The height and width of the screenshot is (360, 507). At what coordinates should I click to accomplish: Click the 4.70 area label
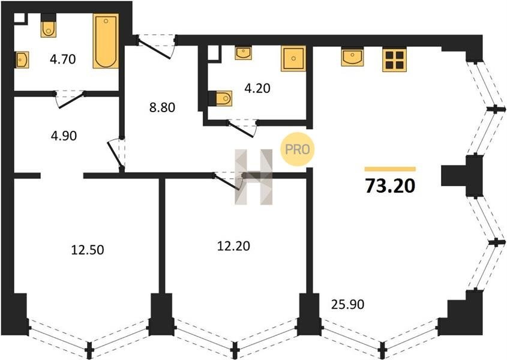coord(63,59)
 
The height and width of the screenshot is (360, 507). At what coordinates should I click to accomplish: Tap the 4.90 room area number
coord(64,136)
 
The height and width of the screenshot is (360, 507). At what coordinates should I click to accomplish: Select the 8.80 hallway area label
coord(163,107)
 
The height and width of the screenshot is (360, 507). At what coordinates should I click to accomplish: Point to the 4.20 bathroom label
coord(257,88)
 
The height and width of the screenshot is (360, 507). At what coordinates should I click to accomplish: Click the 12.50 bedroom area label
coord(88,250)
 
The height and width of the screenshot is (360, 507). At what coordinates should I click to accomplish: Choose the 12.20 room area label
coord(233,246)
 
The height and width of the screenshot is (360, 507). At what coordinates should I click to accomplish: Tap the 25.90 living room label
coord(347,304)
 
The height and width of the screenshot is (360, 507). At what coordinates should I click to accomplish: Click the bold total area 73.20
coord(390,186)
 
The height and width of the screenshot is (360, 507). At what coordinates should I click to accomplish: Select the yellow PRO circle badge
coord(298,149)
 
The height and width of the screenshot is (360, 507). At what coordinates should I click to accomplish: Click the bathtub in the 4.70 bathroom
coord(106,41)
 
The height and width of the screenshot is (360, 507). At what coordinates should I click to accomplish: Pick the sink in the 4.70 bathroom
coord(22,60)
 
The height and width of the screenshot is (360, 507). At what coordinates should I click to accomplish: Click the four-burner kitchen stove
coord(394,59)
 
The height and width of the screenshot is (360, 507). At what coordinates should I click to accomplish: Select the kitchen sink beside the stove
coord(352,57)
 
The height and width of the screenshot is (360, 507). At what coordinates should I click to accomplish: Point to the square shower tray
coord(293,58)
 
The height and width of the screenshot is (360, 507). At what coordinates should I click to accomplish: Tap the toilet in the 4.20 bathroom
coord(221,98)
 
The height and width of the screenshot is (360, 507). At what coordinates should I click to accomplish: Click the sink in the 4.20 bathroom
coord(244,53)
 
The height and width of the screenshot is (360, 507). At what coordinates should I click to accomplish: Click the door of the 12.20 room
coord(227,181)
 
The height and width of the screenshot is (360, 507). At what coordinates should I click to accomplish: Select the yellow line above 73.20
coord(390,169)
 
